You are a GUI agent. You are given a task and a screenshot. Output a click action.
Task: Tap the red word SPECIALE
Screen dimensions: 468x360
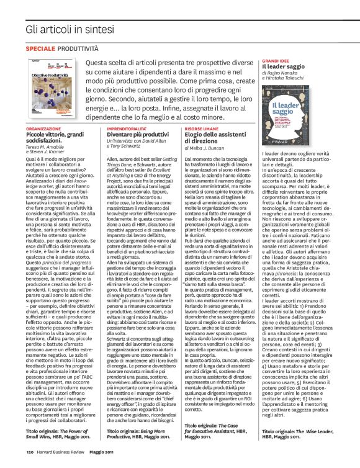point(40,48)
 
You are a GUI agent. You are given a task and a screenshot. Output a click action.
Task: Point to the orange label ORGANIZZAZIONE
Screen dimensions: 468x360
point(43,128)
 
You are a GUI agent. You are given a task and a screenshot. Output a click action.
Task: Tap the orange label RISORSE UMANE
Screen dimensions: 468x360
point(201,128)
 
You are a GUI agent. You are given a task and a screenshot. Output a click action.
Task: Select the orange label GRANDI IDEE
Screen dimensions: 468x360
point(276,61)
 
